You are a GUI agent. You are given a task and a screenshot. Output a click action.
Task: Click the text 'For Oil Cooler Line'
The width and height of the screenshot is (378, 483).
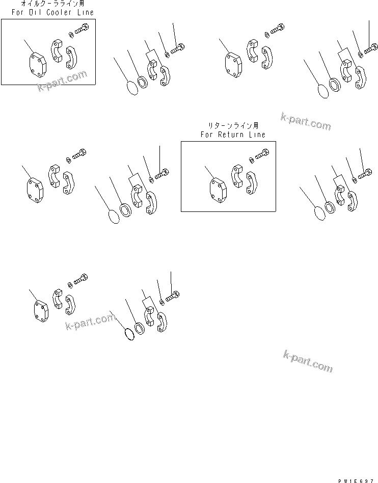click(49, 12)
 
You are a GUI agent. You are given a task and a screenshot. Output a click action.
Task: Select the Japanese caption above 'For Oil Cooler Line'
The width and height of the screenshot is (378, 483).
click(49, 4)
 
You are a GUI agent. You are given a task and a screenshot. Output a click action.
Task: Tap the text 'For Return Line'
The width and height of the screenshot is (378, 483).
click(232, 135)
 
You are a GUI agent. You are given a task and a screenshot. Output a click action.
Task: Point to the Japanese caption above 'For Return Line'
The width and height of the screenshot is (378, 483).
click(232, 125)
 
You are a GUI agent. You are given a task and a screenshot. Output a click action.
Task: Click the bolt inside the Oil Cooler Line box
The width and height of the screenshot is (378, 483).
click(83, 30)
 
